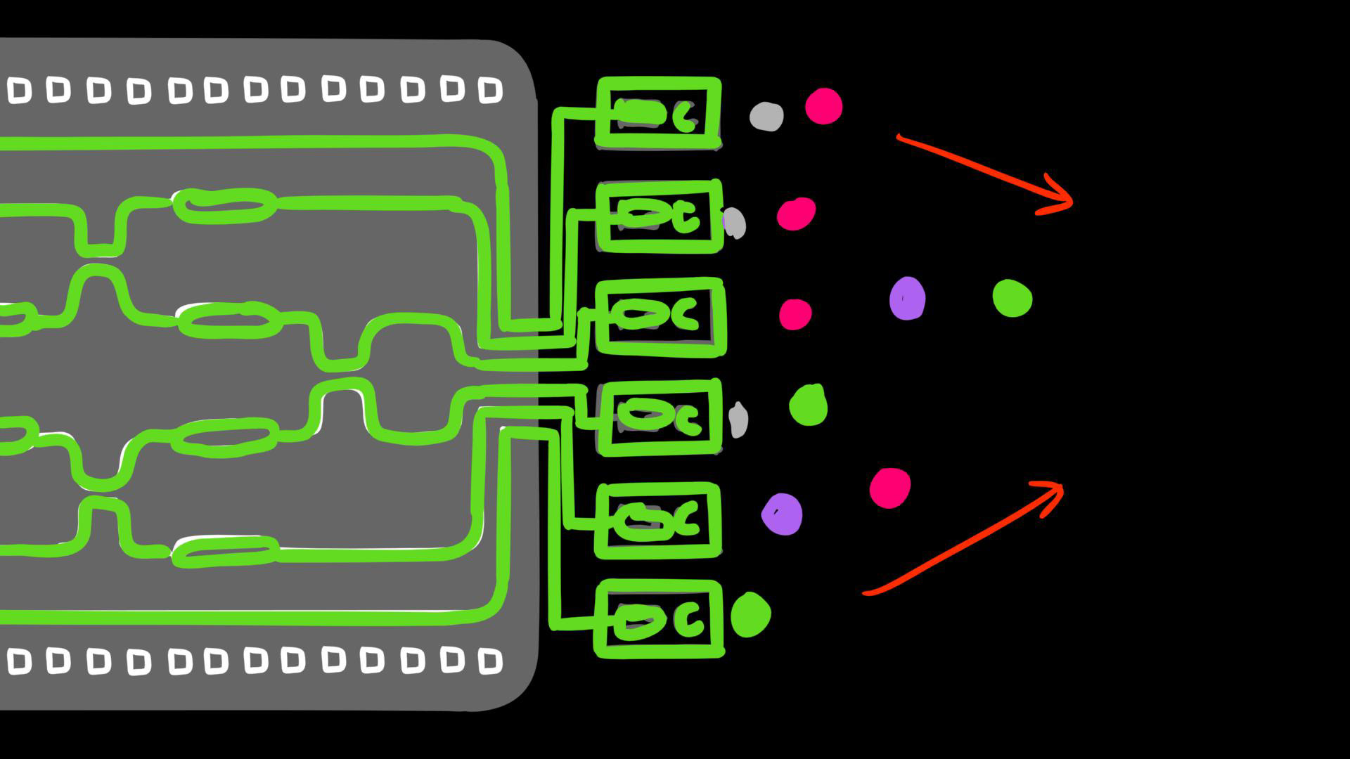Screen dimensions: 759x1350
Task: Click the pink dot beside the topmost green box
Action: click(823, 106)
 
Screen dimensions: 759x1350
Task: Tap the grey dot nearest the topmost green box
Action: click(766, 117)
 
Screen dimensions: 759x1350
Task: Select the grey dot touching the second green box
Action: click(734, 223)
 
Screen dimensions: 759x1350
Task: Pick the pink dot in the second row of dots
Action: click(796, 213)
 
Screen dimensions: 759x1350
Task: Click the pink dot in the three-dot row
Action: click(795, 313)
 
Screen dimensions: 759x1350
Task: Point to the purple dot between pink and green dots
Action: click(907, 298)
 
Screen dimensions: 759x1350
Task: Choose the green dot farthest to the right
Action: click(1012, 298)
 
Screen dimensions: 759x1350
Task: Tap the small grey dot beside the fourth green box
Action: click(738, 420)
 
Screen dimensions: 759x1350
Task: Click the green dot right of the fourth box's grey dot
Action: click(808, 406)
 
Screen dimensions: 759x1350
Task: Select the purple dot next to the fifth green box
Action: click(782, 514)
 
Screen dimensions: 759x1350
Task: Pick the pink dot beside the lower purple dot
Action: click(889, 488)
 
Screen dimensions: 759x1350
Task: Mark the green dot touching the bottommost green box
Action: click(751, 614)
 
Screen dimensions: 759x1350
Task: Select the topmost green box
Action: click(658, 113)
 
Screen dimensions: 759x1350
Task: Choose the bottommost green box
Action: click(659, 619)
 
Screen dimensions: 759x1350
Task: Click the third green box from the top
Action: click(660, 316)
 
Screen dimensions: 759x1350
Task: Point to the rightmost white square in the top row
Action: click(490, 90)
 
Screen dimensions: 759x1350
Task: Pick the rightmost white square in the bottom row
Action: click(490, 661)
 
